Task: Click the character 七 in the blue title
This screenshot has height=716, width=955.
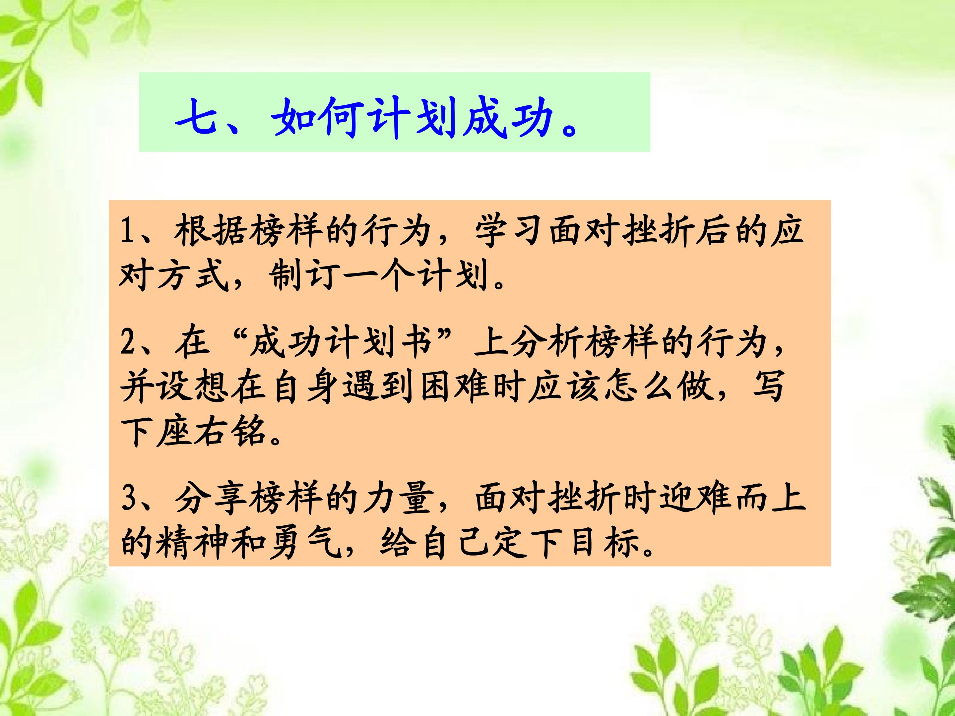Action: point(196,117)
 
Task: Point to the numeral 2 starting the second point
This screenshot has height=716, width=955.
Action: point(127,343)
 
